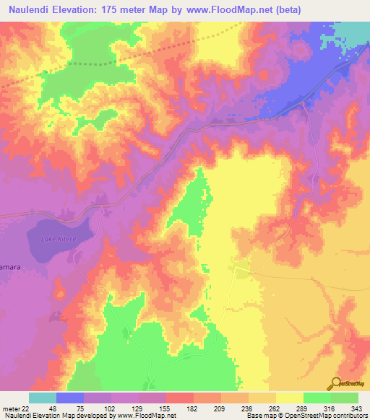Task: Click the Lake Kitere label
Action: coord(59,237)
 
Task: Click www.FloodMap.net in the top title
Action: coord(229,10)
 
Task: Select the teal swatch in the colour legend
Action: coord(43,398)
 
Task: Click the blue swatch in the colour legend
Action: coord(70,398)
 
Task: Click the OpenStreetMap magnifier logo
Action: coord(336,384)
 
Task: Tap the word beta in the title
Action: coord(283,10)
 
